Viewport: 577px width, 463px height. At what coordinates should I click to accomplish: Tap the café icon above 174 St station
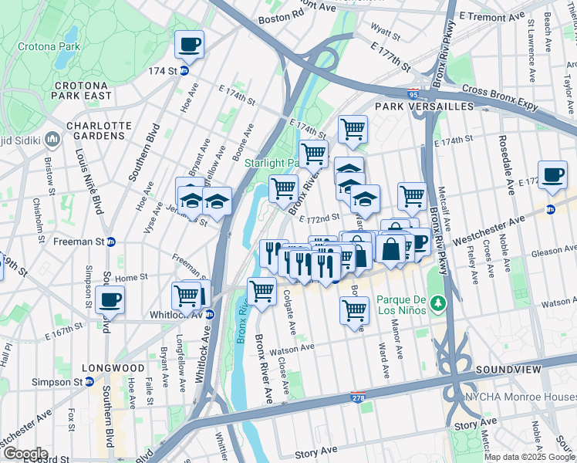[x=188, y=45]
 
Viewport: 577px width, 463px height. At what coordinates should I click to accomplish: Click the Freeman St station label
[x=77, y=242]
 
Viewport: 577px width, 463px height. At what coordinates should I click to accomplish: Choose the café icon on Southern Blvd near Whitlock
[x=111, y=299]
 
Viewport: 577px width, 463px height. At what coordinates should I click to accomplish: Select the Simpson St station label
[x=57, y=382]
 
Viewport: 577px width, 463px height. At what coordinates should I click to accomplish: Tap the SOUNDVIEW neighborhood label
[x=505, y=370]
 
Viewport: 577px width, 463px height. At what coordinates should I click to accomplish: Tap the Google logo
[x=25, y=454]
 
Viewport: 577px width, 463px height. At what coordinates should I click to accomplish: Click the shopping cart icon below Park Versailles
[x=353, y=129]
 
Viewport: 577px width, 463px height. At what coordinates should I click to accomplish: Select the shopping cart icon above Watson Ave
[x=354, y=309]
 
